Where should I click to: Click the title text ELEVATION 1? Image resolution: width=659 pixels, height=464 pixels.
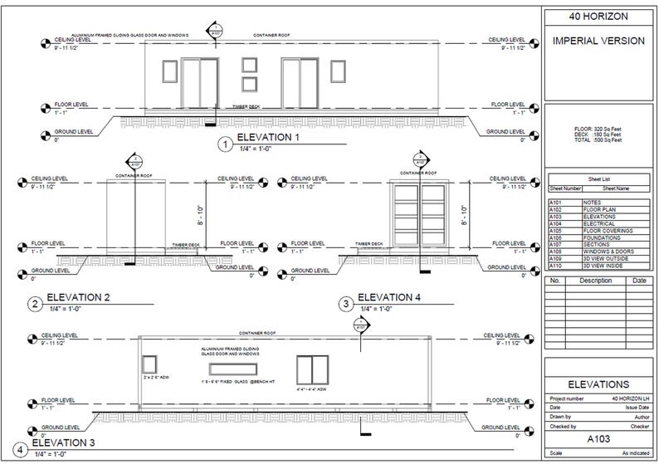268,138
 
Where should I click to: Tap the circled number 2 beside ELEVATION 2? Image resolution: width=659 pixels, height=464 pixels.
35,304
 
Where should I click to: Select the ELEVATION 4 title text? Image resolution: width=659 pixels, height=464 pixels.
389,297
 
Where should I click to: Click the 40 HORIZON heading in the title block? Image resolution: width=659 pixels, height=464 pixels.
598,17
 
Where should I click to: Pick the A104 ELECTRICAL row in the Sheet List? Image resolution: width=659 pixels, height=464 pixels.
598,223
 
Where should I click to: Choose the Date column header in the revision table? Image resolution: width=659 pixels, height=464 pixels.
638,281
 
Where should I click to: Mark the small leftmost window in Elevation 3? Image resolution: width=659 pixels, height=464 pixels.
150,364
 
